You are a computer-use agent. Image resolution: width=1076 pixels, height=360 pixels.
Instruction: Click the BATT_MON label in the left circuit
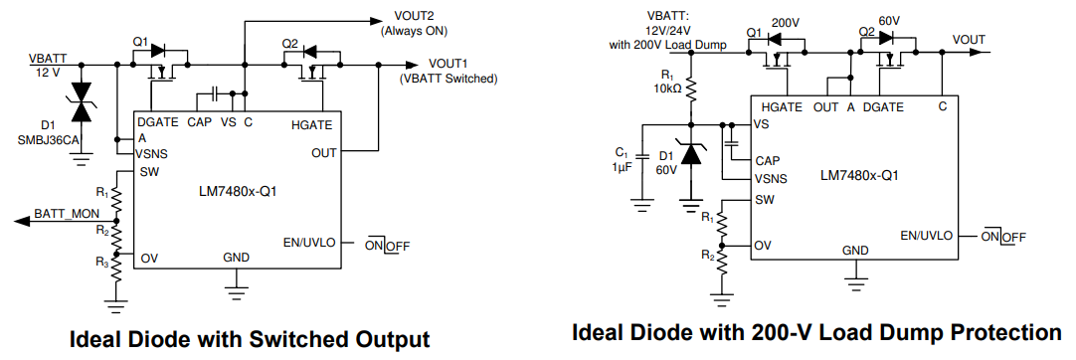point(64,213)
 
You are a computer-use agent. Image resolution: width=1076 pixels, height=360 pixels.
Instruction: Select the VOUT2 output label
point(408,17)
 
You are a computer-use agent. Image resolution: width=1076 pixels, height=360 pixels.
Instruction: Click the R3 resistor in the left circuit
point(116,267)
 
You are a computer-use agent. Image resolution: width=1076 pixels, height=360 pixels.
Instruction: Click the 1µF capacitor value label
point(622,167)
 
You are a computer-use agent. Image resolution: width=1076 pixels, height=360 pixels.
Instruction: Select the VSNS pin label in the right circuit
point(772,179)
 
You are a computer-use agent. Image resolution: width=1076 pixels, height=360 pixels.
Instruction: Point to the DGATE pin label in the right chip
point(883,106)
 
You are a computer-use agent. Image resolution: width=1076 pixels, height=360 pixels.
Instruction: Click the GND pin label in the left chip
point(237,257)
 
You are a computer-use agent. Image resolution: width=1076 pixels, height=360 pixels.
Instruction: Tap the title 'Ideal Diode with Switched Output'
point(249,339)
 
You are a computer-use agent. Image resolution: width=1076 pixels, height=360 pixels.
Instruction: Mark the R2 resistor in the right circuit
point(723,260)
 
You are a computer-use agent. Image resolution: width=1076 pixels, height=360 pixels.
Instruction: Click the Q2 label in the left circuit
point(289,43)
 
